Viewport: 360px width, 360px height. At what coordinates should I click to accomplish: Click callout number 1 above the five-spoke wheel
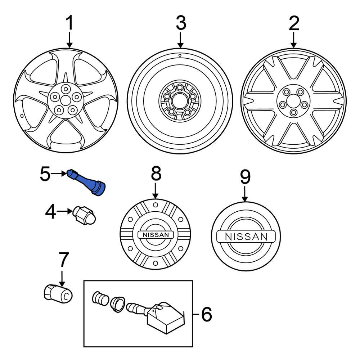point(69,24)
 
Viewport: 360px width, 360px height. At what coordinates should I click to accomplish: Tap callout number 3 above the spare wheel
point(180,24)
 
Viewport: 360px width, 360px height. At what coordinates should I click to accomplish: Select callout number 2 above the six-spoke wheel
point(294,24)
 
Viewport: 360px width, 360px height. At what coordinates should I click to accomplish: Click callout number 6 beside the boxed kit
point(206,315)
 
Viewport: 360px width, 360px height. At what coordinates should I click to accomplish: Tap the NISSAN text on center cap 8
point(156,235)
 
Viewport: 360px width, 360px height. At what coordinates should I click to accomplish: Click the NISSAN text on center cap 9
point(246,237)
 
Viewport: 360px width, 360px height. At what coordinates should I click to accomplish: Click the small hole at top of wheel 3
point(179,56)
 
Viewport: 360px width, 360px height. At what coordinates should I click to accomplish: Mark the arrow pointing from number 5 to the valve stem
point(59,174)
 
